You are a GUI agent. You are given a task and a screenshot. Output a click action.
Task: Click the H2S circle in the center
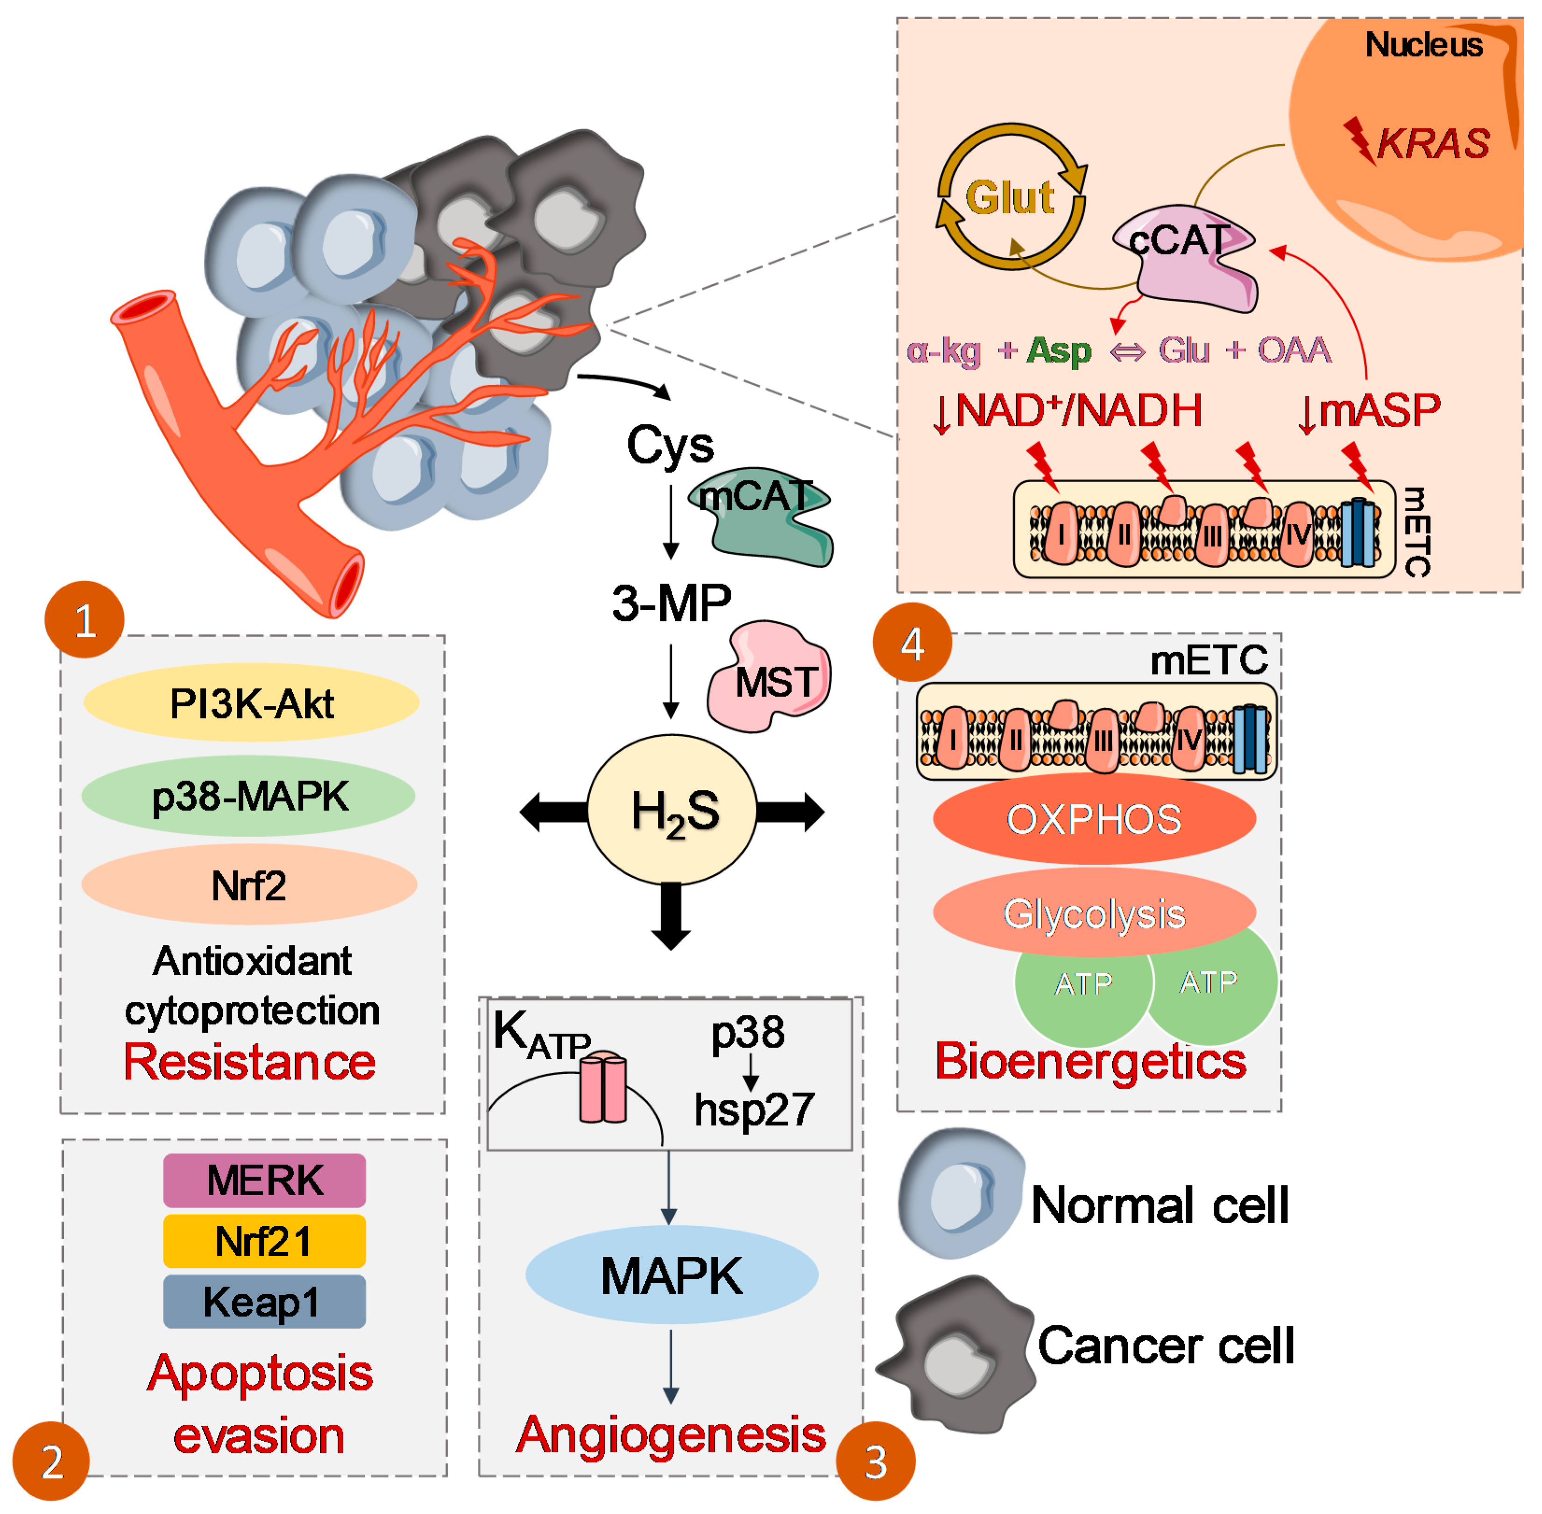pyautogui.click(x=672, y=810)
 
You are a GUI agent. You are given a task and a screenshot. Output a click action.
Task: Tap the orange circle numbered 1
pyautogui.click(x=85, y=620)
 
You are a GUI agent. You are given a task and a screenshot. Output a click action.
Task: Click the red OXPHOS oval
pyautogui.click(x=1094, y=819)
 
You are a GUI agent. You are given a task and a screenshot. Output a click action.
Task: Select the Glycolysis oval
pyautogui.click(x=1094, y=913)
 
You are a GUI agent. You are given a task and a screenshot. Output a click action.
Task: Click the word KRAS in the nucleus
pyautogui.click(x=1432, y=144)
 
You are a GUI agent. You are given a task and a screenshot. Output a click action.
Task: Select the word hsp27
pyautogui.click(x=754, y=1109)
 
